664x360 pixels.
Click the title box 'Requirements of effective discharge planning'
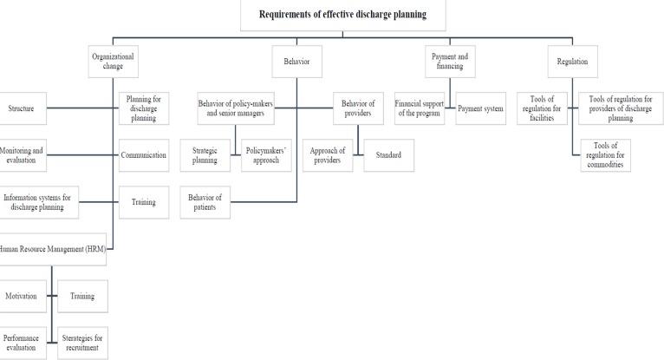point(342,15)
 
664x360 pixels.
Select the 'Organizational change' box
point(114,62)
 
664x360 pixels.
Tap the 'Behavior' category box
point(296,62)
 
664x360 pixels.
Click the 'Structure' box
point(22,108)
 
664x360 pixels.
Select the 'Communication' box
point(143,155)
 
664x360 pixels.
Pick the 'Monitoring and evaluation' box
point(21,155)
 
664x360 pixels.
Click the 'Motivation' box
point(21,296)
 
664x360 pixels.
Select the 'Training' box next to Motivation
point(82,296)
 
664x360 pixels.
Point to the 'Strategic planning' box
point(205,155)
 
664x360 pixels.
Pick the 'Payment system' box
point(480,108)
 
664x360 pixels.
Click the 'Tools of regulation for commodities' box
point(605,155)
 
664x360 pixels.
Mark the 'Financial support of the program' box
point(420,108)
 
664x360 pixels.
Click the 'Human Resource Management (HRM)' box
point(52,249)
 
